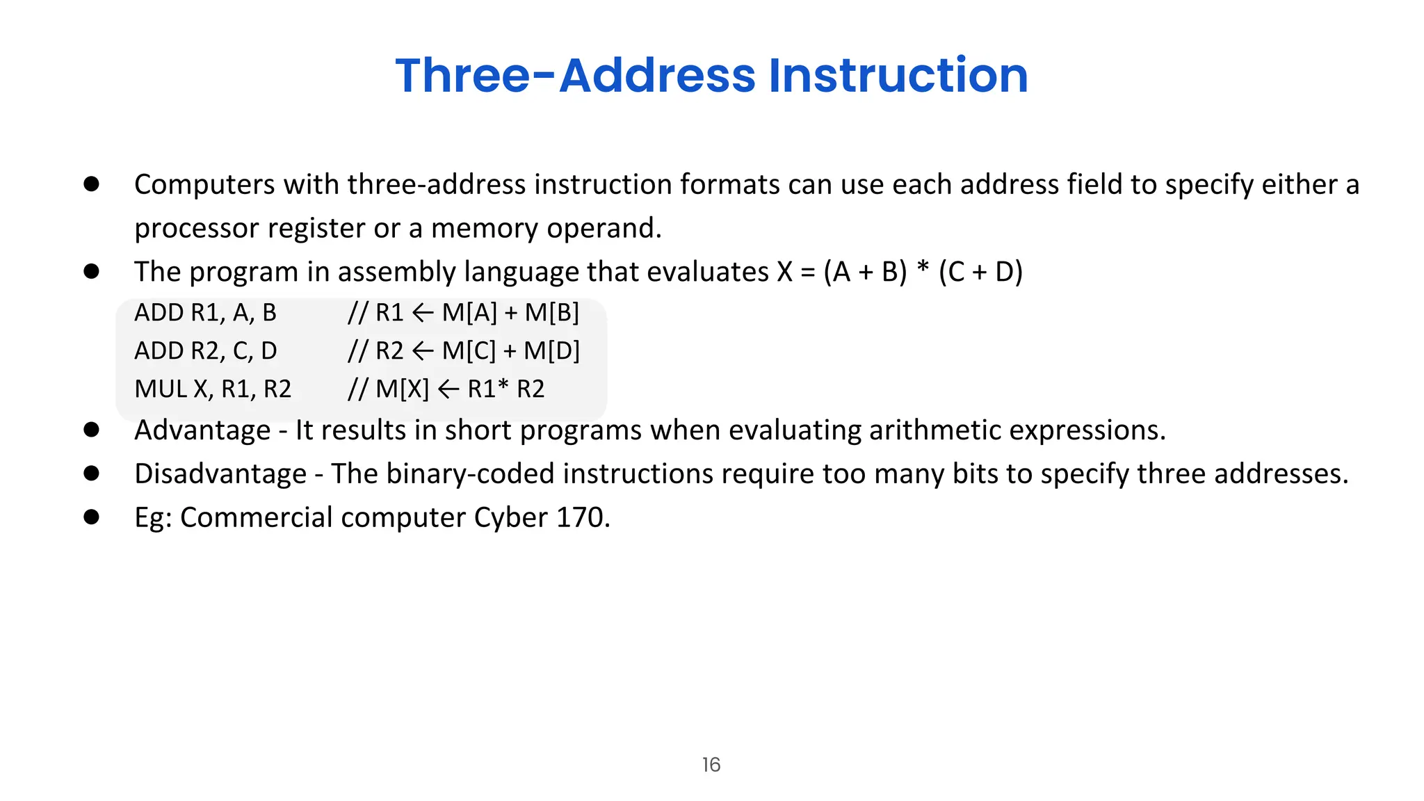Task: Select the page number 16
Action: click(x=711, y=765)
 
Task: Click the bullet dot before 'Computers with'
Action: click(x=91, y=184)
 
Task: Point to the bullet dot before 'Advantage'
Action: click(x=91, y=430)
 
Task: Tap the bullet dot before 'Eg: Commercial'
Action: click(x=91, y=517)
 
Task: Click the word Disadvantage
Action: click(x=220, y=474)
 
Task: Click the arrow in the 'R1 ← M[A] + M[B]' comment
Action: click(x=423, y=313)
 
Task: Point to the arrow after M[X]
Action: click(x=448, y=389)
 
